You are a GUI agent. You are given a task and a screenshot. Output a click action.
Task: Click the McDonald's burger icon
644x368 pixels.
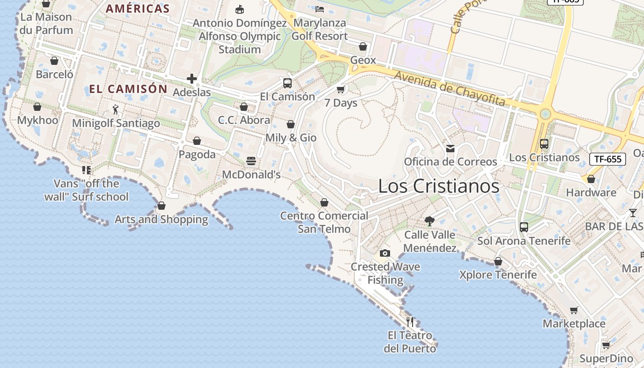[251, 161]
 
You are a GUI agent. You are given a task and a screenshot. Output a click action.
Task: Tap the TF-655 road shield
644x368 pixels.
[608, 159]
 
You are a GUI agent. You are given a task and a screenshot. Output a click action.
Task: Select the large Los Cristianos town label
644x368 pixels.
[438, 186]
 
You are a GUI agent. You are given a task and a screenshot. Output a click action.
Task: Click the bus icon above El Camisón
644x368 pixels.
[287, 83]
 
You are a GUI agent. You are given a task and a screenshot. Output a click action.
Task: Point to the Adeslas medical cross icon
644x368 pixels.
[192, 79]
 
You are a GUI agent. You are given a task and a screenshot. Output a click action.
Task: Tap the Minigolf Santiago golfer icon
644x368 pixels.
[115, 109]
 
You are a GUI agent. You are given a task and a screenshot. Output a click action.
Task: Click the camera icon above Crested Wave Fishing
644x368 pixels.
[385, 253]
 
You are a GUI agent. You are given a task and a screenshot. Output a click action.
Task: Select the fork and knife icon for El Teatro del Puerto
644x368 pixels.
[410, 322]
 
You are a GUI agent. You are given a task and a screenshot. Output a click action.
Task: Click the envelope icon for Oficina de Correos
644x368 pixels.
[450, 148]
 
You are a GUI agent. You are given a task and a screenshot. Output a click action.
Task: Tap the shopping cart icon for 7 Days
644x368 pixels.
[341, 89]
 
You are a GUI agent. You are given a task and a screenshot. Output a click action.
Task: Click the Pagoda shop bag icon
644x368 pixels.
[197, 141]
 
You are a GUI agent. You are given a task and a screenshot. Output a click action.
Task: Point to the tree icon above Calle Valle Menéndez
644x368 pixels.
[430, 221]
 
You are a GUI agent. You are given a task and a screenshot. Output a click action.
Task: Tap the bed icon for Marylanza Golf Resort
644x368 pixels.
[320, 9]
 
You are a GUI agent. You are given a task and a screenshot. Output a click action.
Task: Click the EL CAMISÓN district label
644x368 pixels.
[128, 89]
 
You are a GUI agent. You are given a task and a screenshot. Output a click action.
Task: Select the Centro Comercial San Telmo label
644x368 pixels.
[324, 222]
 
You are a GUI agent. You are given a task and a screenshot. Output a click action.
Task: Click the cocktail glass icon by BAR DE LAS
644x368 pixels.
[633, 213]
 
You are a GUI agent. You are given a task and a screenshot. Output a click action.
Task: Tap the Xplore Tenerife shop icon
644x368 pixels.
[498, 262]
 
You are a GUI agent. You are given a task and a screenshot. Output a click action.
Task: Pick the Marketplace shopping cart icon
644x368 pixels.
[574, 310]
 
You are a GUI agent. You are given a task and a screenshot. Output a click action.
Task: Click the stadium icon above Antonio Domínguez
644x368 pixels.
[239, 9]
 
